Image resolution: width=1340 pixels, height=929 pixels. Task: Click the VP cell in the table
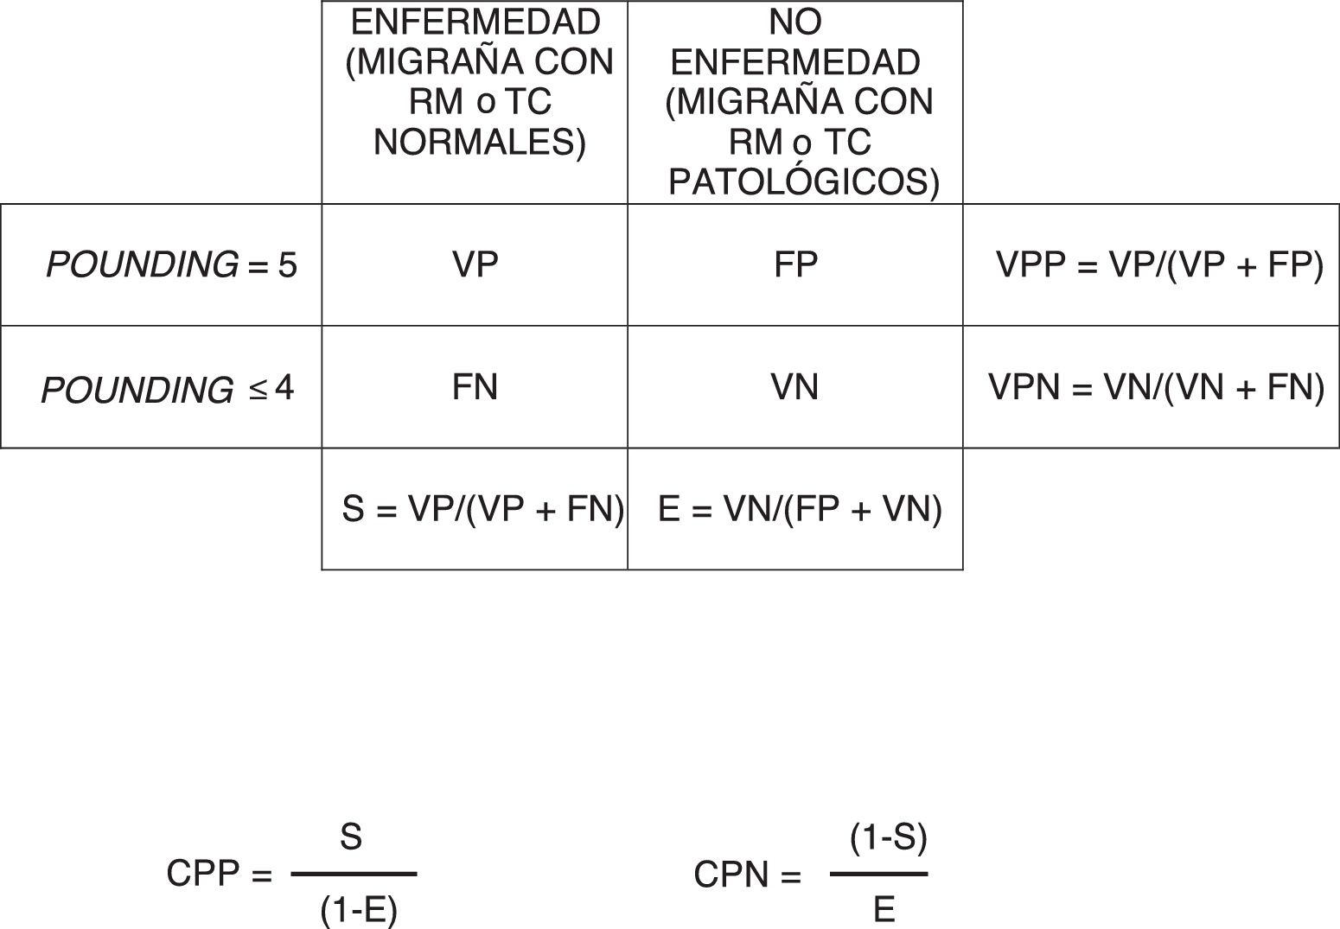click(475, 264)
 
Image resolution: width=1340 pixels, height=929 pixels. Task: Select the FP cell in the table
click(794, 264)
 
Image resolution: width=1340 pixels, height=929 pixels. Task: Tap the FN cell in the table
click(475, 387)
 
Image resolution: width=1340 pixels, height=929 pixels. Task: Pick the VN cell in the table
click(794, 387)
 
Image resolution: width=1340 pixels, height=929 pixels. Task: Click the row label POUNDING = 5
click(171, 264)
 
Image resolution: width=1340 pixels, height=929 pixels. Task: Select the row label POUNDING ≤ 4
click(168, 389)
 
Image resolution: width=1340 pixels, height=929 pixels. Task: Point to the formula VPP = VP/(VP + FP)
click(1159, 264)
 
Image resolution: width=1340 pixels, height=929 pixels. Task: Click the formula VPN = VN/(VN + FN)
click(1157, 387)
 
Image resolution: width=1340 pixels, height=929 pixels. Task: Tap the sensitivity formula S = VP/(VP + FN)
click(482, 509)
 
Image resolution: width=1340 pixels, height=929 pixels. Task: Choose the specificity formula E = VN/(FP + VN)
click(800, 509)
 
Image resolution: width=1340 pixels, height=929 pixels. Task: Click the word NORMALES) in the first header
click(480, 143)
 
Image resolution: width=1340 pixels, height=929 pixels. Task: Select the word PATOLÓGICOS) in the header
click(804, 182)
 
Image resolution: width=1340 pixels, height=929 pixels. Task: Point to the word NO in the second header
click(794, 22)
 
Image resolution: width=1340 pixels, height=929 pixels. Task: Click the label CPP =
click(220, 875)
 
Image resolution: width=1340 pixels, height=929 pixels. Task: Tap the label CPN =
click(747, 875)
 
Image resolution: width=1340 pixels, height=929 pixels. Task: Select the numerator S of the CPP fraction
click(351, 837)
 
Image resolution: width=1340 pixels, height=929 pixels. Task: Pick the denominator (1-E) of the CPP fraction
click(359, 910)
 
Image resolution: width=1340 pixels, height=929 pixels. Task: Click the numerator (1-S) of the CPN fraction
click(889, 837)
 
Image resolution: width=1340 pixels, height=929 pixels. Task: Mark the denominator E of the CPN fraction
click(884, 910)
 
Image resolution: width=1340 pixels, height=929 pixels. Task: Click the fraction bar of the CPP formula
click(354, 874)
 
